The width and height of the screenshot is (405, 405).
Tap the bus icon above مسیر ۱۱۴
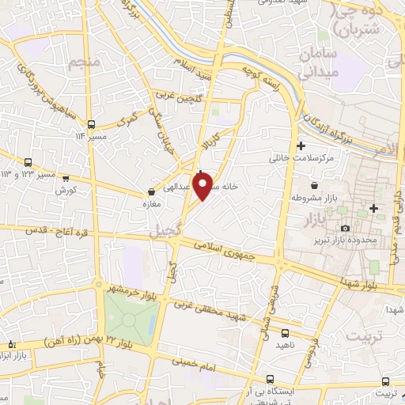pos(92,124)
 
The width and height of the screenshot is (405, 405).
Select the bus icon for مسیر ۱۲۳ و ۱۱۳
pos(29,162)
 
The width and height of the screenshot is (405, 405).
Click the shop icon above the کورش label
pos(66,179)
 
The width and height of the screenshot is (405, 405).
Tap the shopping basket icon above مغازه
pos(150,191)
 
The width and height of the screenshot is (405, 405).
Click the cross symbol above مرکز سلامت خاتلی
pos(300,146)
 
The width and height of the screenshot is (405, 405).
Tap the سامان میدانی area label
pos(320,62)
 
